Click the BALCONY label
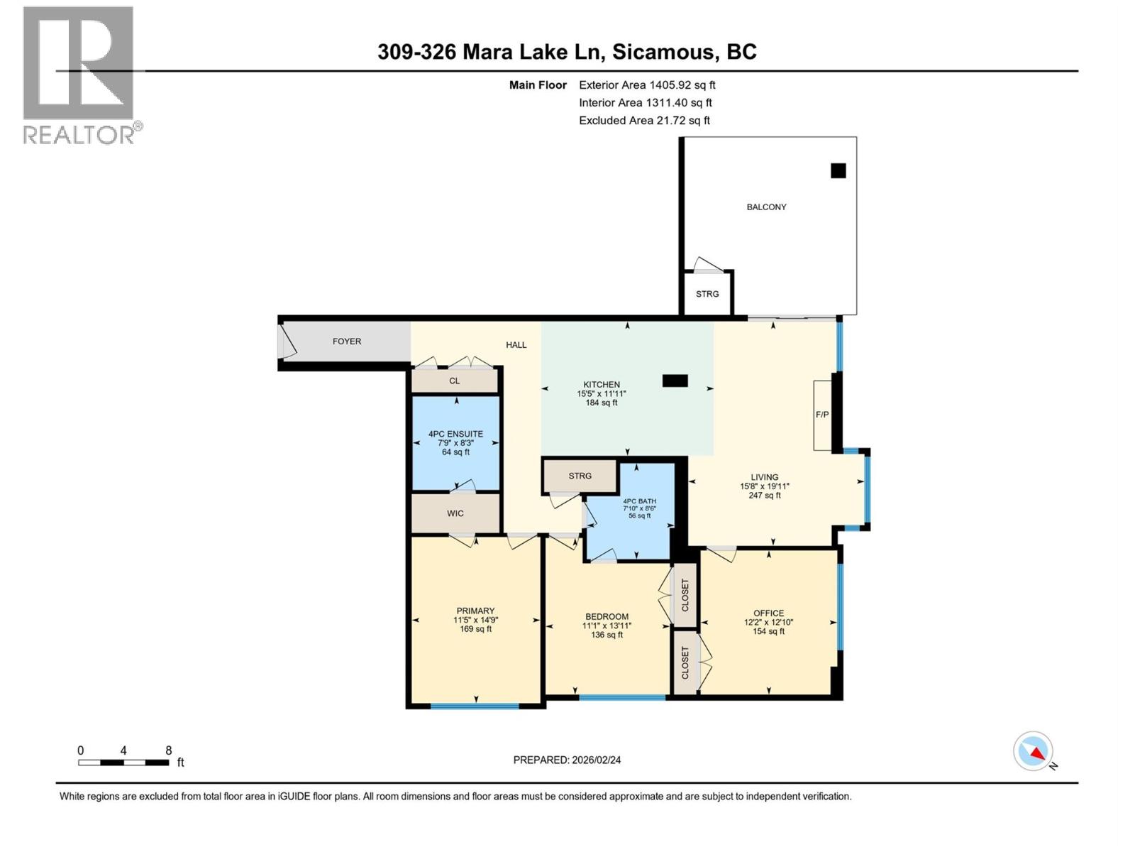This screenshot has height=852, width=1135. tap(766, 207)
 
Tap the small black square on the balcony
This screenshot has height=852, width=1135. tap(838, 170)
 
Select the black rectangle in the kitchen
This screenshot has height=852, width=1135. tap(675, 381)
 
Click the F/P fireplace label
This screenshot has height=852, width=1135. tap(822, 415)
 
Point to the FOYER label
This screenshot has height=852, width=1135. tap(347, 342)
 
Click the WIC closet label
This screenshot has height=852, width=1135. tap(455, 513)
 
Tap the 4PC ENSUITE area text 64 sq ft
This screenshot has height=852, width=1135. tap(455, 452)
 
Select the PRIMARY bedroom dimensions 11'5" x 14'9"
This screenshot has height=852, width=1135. tap(475, 620)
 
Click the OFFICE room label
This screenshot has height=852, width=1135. tap(769, 613)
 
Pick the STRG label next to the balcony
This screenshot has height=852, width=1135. tap(707, 294)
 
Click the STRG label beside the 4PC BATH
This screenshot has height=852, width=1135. tap(580, 476)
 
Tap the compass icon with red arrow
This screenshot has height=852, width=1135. tap(1034, 752)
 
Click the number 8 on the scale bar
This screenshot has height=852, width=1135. tap(168, 750)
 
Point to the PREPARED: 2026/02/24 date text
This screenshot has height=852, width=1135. tap(567, 760)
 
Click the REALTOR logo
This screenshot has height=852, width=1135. tap(79, 75)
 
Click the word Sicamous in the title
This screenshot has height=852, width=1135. tap(663, 52)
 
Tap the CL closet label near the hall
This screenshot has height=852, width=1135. tap(455, 381)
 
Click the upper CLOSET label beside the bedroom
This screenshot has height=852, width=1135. tap(685, 595)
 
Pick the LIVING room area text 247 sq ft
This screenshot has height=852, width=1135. tap(765, 496)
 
